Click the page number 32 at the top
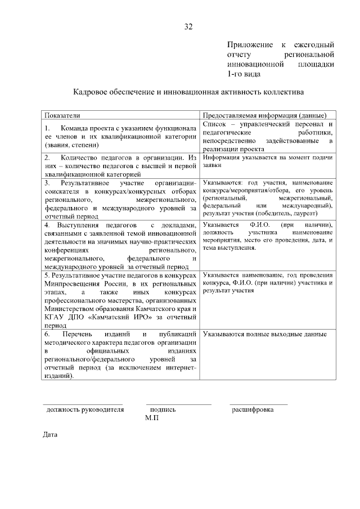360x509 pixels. [x=188, y=26]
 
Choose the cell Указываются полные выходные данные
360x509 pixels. [x=265, y=334]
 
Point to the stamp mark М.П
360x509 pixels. [x=152, y=418]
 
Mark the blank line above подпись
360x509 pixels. [x=179, y=404]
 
